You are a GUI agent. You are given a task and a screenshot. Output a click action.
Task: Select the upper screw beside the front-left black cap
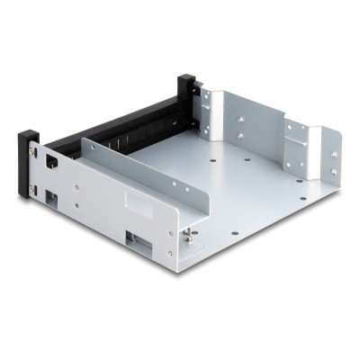pyautogui.click(x=33, y=161)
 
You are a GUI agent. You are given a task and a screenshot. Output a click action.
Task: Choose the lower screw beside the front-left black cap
pyautogui.click(x=33, y=188)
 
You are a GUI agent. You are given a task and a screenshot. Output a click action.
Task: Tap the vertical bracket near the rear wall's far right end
pyautogui.click(x=297, y=144)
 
